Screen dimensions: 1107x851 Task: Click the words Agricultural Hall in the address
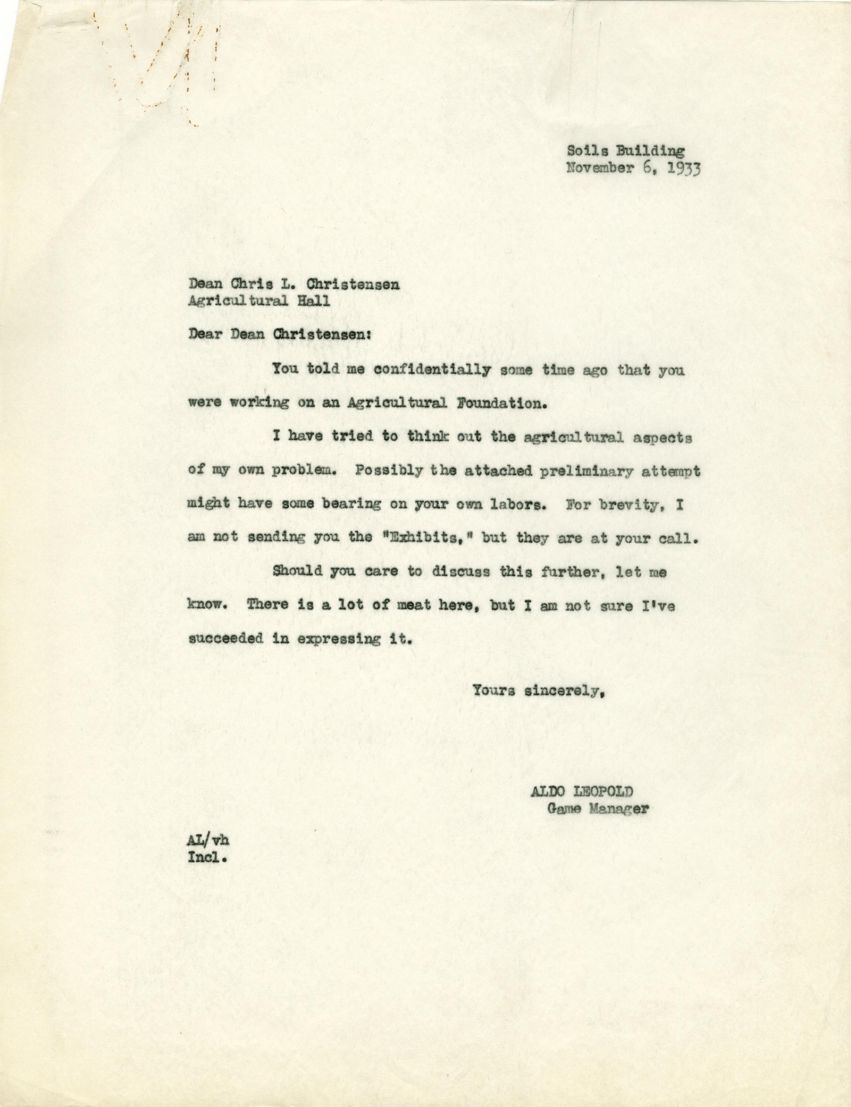coord(258,301)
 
